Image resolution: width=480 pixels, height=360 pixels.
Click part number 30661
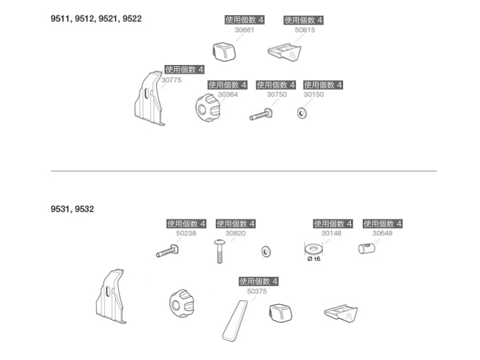click(x=244, y=30)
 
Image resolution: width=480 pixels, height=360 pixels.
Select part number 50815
click(x=304, y=30)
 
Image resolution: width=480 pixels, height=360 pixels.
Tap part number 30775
click(x=171, y=80)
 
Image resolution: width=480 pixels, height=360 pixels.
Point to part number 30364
click(x=228, y=95)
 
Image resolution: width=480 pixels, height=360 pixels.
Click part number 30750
click(x=276, y=95)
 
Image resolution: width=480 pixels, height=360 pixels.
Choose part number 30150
click(x=313, y=95)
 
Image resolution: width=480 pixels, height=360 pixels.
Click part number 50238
click(x=186, y=233)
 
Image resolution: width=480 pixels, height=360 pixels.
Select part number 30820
click(x=235, y=233)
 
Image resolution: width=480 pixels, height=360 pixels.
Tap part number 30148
click(x=331, y=233)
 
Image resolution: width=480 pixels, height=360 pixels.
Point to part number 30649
click(x=382, y=233)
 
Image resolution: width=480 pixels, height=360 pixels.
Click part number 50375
click(x=257, y=291)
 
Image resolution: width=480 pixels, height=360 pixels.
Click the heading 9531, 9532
click(x=72, y=209)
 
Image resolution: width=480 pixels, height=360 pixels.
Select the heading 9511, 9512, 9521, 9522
click(x=96, y=19)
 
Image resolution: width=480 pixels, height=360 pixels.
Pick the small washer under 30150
click(x=302, y=113)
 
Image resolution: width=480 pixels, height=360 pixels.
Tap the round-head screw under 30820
click(x=220, y=251)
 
